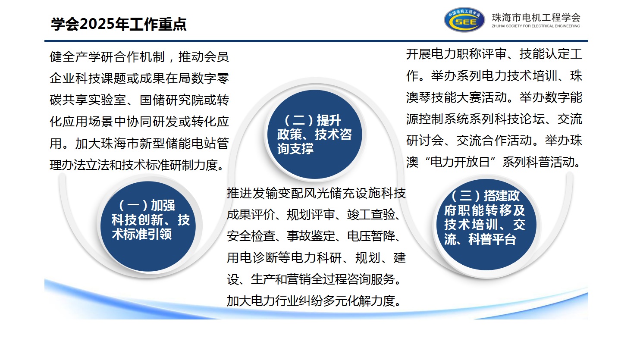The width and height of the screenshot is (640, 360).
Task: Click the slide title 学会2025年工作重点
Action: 119,24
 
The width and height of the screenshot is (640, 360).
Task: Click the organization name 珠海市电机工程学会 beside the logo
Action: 536,18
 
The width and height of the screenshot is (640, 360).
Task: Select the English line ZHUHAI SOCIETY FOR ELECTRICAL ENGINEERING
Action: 536,26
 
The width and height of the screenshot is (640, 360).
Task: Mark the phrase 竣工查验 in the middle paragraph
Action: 371,215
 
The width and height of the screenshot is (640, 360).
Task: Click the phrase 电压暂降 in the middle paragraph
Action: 371,236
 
